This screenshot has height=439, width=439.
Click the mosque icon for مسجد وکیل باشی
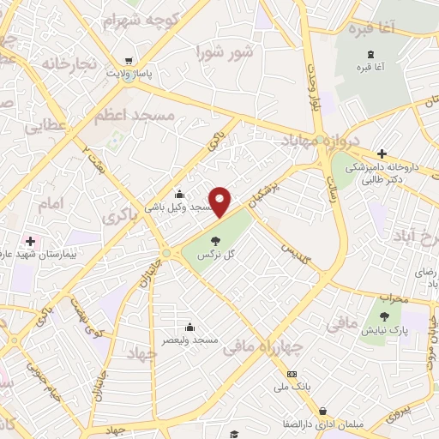pos(178,193)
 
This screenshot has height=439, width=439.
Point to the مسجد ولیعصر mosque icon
pos(189,327)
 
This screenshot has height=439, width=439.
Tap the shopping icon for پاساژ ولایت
pos(128,60)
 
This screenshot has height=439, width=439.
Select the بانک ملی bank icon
pos(292,375)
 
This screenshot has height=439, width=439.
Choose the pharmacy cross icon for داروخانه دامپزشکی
pos(381,153)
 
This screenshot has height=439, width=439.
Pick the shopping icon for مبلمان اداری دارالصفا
pos(322,412)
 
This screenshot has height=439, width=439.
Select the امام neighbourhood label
pos(51,204)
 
